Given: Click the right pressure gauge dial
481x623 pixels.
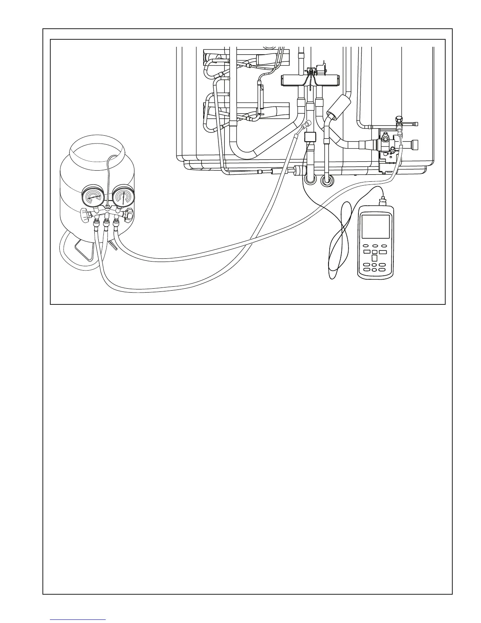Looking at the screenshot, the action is point(123,196).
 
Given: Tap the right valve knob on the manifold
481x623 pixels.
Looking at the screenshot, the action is point(129,214).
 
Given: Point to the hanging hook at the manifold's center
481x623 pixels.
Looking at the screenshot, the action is point(107,206).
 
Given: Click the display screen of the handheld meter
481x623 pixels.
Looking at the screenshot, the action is point(376,227).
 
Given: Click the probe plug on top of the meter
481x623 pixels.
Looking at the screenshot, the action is point(380,201).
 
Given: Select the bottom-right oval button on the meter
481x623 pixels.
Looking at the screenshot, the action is point(384,269).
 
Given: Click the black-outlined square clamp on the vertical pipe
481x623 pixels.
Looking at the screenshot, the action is point(311,137).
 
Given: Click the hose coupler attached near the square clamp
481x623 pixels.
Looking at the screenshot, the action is point(305,127).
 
